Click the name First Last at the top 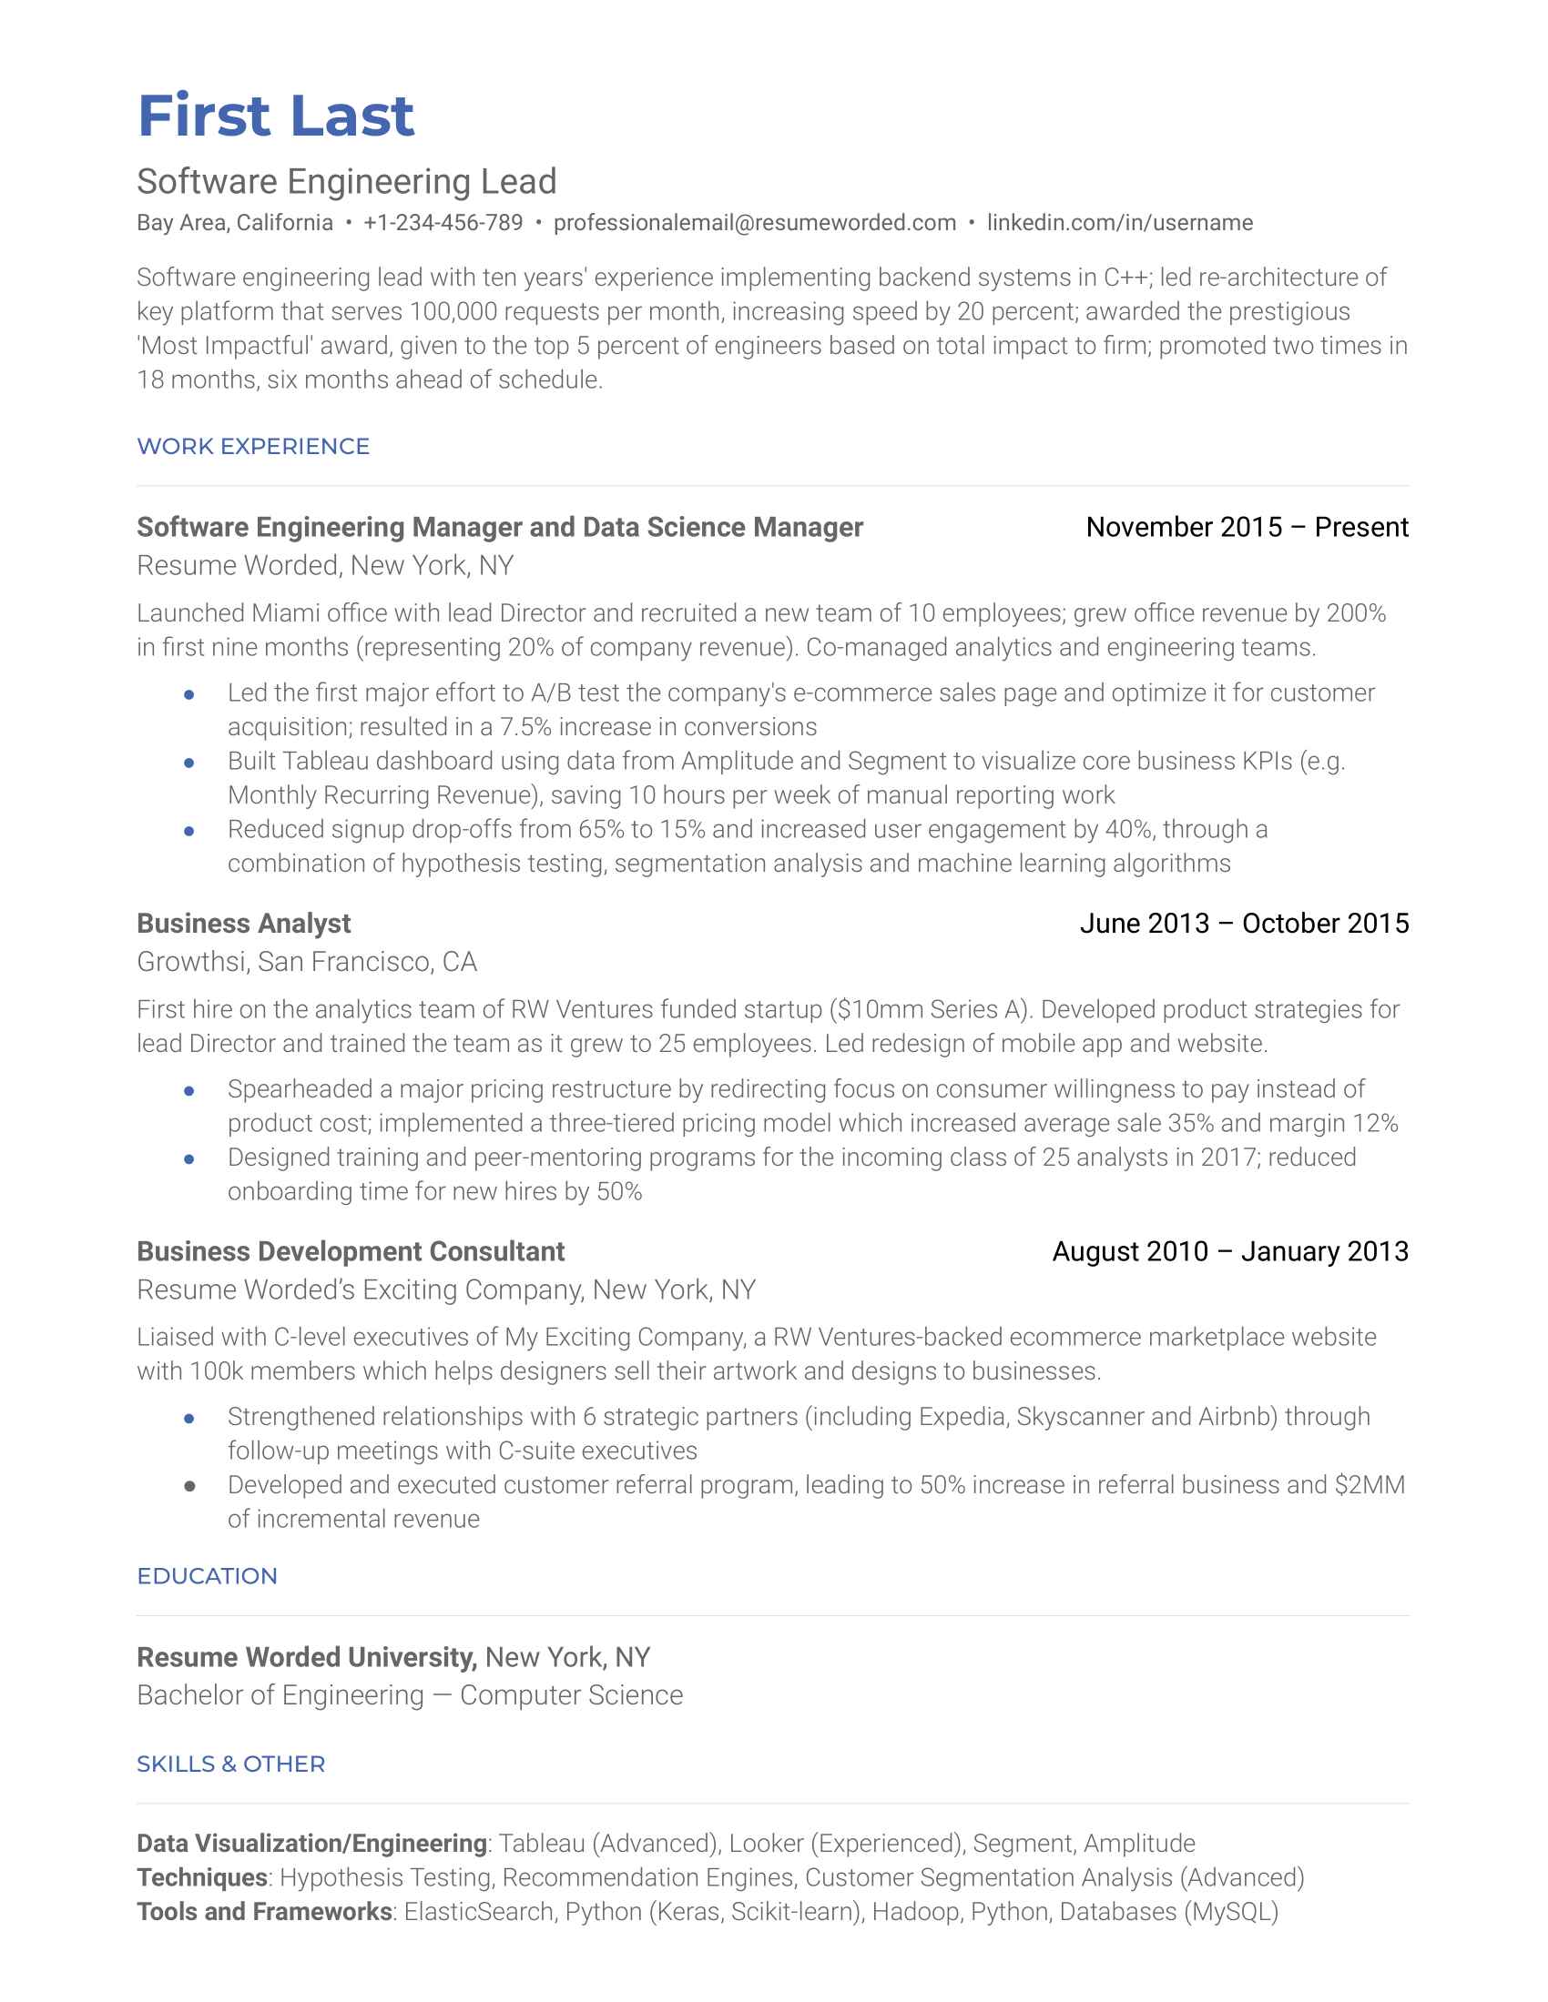(x=275, y=116)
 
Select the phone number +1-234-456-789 (x=442, y=223)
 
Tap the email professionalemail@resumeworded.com (x=754, y=223)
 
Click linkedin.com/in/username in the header (x=1119, y=223)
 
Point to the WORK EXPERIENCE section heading (x=253, y=447)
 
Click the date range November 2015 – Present (x=1247, y=527)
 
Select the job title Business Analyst (x=244, y=923)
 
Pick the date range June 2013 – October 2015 (x=1244, y=923)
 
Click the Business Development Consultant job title (x=351, y=1251)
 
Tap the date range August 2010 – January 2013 (x=1230, y=1251)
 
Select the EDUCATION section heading (x=208, y=1576)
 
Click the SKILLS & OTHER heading (x=231, y=1764)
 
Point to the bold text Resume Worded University (x=306, y=1657)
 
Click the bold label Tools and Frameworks (x=264, y=1912)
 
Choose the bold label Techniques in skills (x=202, y=1877)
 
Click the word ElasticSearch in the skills (x=479, y=1912)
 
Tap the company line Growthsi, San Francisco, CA (x=306, y=962)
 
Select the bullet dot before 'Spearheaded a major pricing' (x=188, y=1090)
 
